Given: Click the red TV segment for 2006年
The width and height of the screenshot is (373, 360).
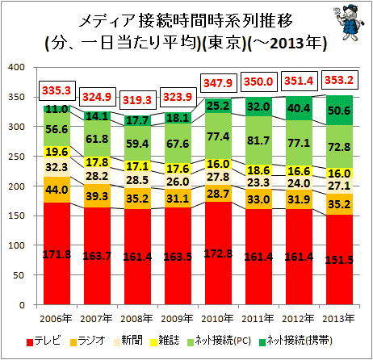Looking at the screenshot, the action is click(57, 253).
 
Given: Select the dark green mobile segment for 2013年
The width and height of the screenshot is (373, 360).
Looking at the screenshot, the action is click(339, 110).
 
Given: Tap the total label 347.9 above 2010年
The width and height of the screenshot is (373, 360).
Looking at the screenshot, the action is click(218, 83).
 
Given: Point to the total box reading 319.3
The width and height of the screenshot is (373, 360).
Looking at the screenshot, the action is click(137, 100).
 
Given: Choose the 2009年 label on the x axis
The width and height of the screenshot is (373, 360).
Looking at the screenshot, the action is click(178, 319).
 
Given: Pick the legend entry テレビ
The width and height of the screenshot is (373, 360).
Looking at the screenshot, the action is click(44, 341).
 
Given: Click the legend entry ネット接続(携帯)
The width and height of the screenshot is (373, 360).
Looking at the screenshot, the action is click(295, 341).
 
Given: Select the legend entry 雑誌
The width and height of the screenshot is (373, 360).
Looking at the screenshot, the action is click(165, 341).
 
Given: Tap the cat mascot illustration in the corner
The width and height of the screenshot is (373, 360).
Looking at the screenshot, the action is click(350, 22).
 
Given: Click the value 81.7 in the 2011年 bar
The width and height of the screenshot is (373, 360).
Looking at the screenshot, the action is click(258, 140).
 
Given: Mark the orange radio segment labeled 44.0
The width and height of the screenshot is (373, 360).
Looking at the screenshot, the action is click(57, 190).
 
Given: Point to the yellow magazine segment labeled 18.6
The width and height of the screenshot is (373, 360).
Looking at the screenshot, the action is click(258, 170).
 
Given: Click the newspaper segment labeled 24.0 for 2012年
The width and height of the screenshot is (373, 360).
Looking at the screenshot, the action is click(299, 182).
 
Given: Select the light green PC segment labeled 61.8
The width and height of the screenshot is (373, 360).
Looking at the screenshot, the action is click(97, 138).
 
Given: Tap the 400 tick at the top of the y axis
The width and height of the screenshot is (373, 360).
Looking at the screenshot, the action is click(16, 67).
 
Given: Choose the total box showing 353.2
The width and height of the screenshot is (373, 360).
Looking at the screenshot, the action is click(340, 80).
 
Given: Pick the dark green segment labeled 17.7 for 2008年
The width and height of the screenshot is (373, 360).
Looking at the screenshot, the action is click(137, 120).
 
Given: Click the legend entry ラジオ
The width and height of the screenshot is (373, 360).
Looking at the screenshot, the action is click(88, 341).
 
